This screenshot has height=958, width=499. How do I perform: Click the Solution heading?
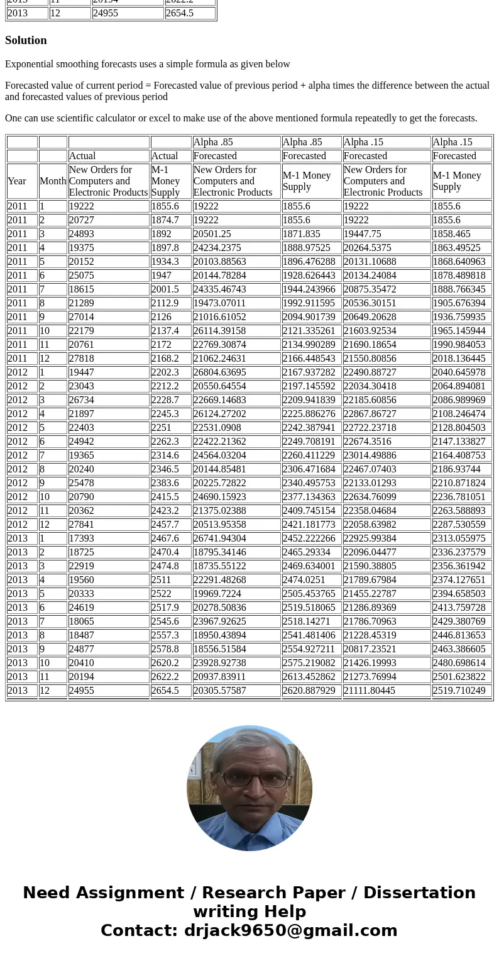(26, 40)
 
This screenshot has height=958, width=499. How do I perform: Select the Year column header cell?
(17, 181)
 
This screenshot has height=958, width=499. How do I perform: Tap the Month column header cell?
(53, 181)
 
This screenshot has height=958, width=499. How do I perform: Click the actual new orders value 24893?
(82, 234)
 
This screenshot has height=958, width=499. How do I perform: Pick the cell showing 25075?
(82, 276)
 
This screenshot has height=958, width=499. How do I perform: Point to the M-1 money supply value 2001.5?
(165, 289)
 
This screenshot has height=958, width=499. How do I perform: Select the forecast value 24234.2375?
(217, 248)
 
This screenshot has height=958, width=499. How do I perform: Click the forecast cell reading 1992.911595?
(309, 303)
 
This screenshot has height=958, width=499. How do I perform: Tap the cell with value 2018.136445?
(459, 359)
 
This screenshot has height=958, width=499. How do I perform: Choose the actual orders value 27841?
(82, 525)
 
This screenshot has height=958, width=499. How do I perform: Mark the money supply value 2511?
(162, 580)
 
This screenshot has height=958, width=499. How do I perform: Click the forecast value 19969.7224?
(217, 594)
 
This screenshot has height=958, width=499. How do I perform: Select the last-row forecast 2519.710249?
(459, 691)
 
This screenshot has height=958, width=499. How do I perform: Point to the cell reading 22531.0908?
(217, 428)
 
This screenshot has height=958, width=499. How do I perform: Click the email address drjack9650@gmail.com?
(290, 931)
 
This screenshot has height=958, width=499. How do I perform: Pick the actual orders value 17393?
(82, 538)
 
